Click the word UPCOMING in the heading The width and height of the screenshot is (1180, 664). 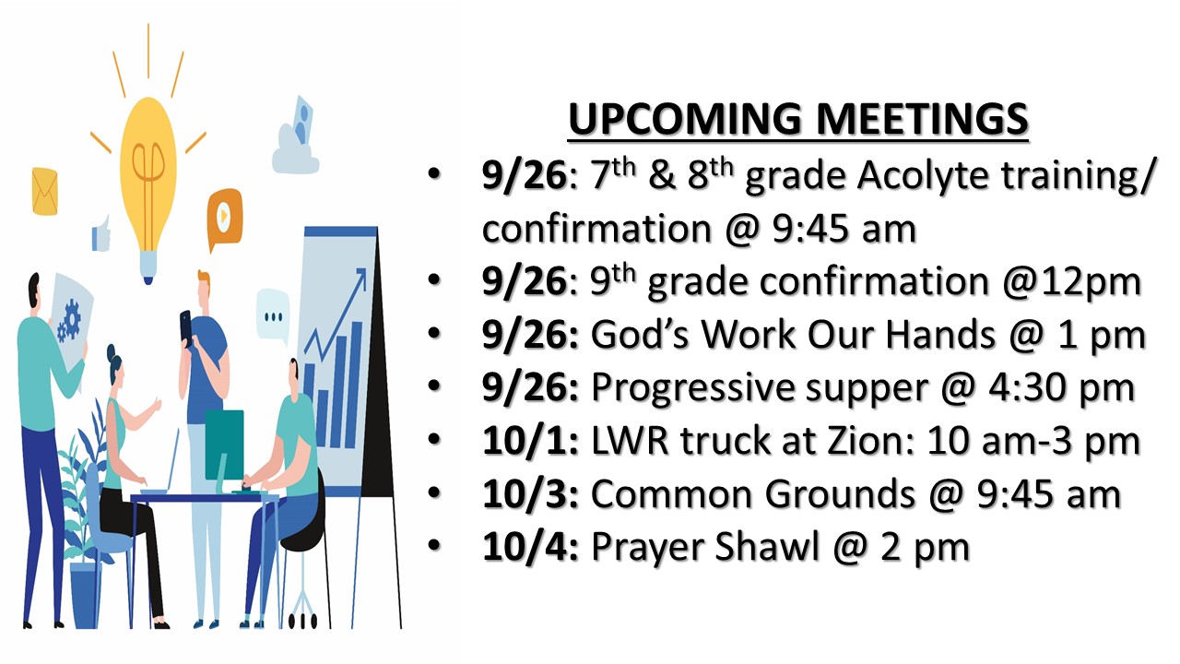[x=685, y=119]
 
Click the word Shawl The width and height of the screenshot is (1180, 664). [x=767, y=547]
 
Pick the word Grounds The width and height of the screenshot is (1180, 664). [x=840, y=494]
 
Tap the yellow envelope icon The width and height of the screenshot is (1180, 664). [x=45, y=191]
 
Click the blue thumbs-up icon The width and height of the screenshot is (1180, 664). [x=101, y=234]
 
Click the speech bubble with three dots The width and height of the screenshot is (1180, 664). [x=273, y=315]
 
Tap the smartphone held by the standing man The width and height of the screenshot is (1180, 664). [x=186, y=327]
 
